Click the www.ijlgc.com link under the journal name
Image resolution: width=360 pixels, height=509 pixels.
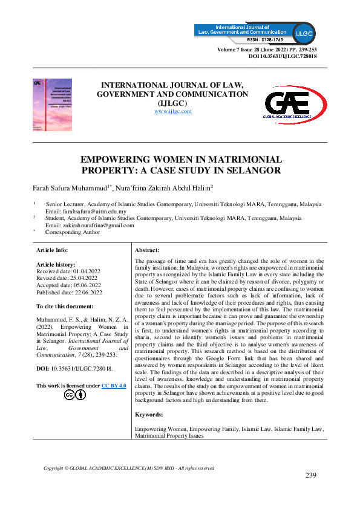[173, 111]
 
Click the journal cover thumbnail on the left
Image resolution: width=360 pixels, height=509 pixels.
[53, 104]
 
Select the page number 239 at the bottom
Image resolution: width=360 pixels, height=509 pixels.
[311, 475]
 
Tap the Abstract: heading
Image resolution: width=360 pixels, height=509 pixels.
[147, 250]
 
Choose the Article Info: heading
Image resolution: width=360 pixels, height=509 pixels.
[53, 250]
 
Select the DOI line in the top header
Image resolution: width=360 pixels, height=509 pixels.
[283, 56]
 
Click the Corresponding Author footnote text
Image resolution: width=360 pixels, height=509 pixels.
[73, 232]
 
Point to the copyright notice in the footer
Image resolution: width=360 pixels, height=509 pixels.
[129, 468]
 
